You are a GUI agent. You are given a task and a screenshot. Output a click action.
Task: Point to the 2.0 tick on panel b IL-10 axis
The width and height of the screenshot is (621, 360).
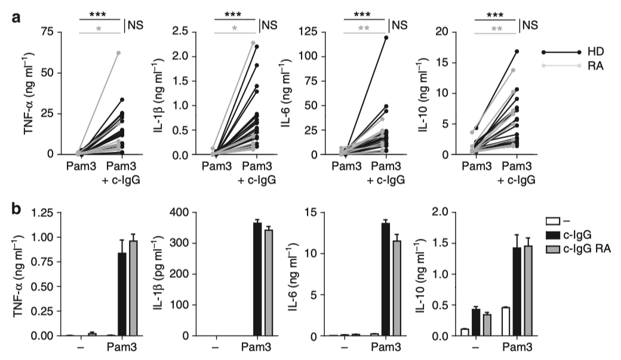pos(449,212)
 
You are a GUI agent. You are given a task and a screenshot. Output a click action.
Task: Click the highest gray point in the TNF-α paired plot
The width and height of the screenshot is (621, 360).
pos(119,53)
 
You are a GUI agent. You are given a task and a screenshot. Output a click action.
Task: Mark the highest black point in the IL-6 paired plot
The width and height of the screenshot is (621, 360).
pos(386,38)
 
